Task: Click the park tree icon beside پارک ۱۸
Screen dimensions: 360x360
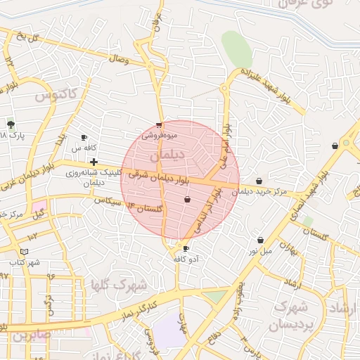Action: click(11, 124)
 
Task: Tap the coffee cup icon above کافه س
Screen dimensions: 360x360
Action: click(84, 138)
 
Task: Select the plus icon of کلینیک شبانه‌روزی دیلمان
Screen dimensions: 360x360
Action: click(94, 162)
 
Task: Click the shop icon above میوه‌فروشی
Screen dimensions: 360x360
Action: click(160, 125)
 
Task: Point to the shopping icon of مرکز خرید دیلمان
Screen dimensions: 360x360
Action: click(259, 181)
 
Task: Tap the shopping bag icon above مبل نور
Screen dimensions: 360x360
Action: click(260, 240)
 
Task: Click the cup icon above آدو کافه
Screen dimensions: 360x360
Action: click(186, 248)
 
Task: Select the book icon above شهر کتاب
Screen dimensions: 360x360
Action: click(25, 251)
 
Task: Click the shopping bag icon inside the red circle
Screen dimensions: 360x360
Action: click(187, 200)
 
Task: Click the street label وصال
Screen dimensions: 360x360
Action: click(119, 61)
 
